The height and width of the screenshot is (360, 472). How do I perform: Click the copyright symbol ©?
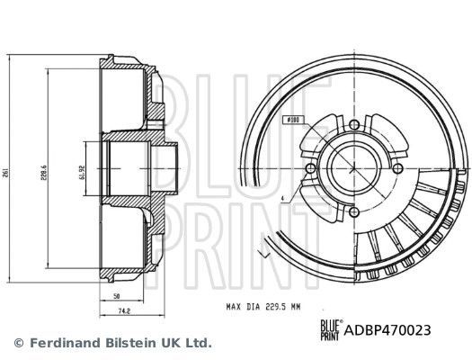18,343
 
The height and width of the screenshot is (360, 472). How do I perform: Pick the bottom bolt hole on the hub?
353,212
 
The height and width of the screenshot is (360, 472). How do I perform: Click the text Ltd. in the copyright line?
200,343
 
